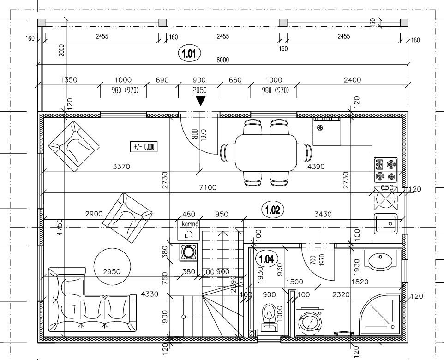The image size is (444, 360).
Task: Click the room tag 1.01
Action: click(189, 53)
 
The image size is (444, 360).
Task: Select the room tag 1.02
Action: click(272, 210)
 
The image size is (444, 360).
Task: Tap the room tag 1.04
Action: click(266, 258)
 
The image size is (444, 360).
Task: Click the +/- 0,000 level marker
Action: click(144, 147)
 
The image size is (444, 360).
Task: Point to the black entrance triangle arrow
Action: click(201, 101)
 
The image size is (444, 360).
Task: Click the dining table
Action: click(266, 153)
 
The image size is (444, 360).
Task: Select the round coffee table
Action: click(113, 267)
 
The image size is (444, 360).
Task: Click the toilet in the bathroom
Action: click(269, 317)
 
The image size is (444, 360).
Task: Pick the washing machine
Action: click(310, 322)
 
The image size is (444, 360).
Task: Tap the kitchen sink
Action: click(386, 224)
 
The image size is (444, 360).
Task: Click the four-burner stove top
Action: click(386, 170)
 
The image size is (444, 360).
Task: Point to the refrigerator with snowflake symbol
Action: click(326, 132)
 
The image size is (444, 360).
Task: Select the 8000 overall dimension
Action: click(223, 60)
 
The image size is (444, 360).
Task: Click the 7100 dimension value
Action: click(208, 187)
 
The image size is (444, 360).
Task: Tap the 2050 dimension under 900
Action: click(199, 90)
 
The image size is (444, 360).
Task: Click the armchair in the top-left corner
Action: click(74, 146)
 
